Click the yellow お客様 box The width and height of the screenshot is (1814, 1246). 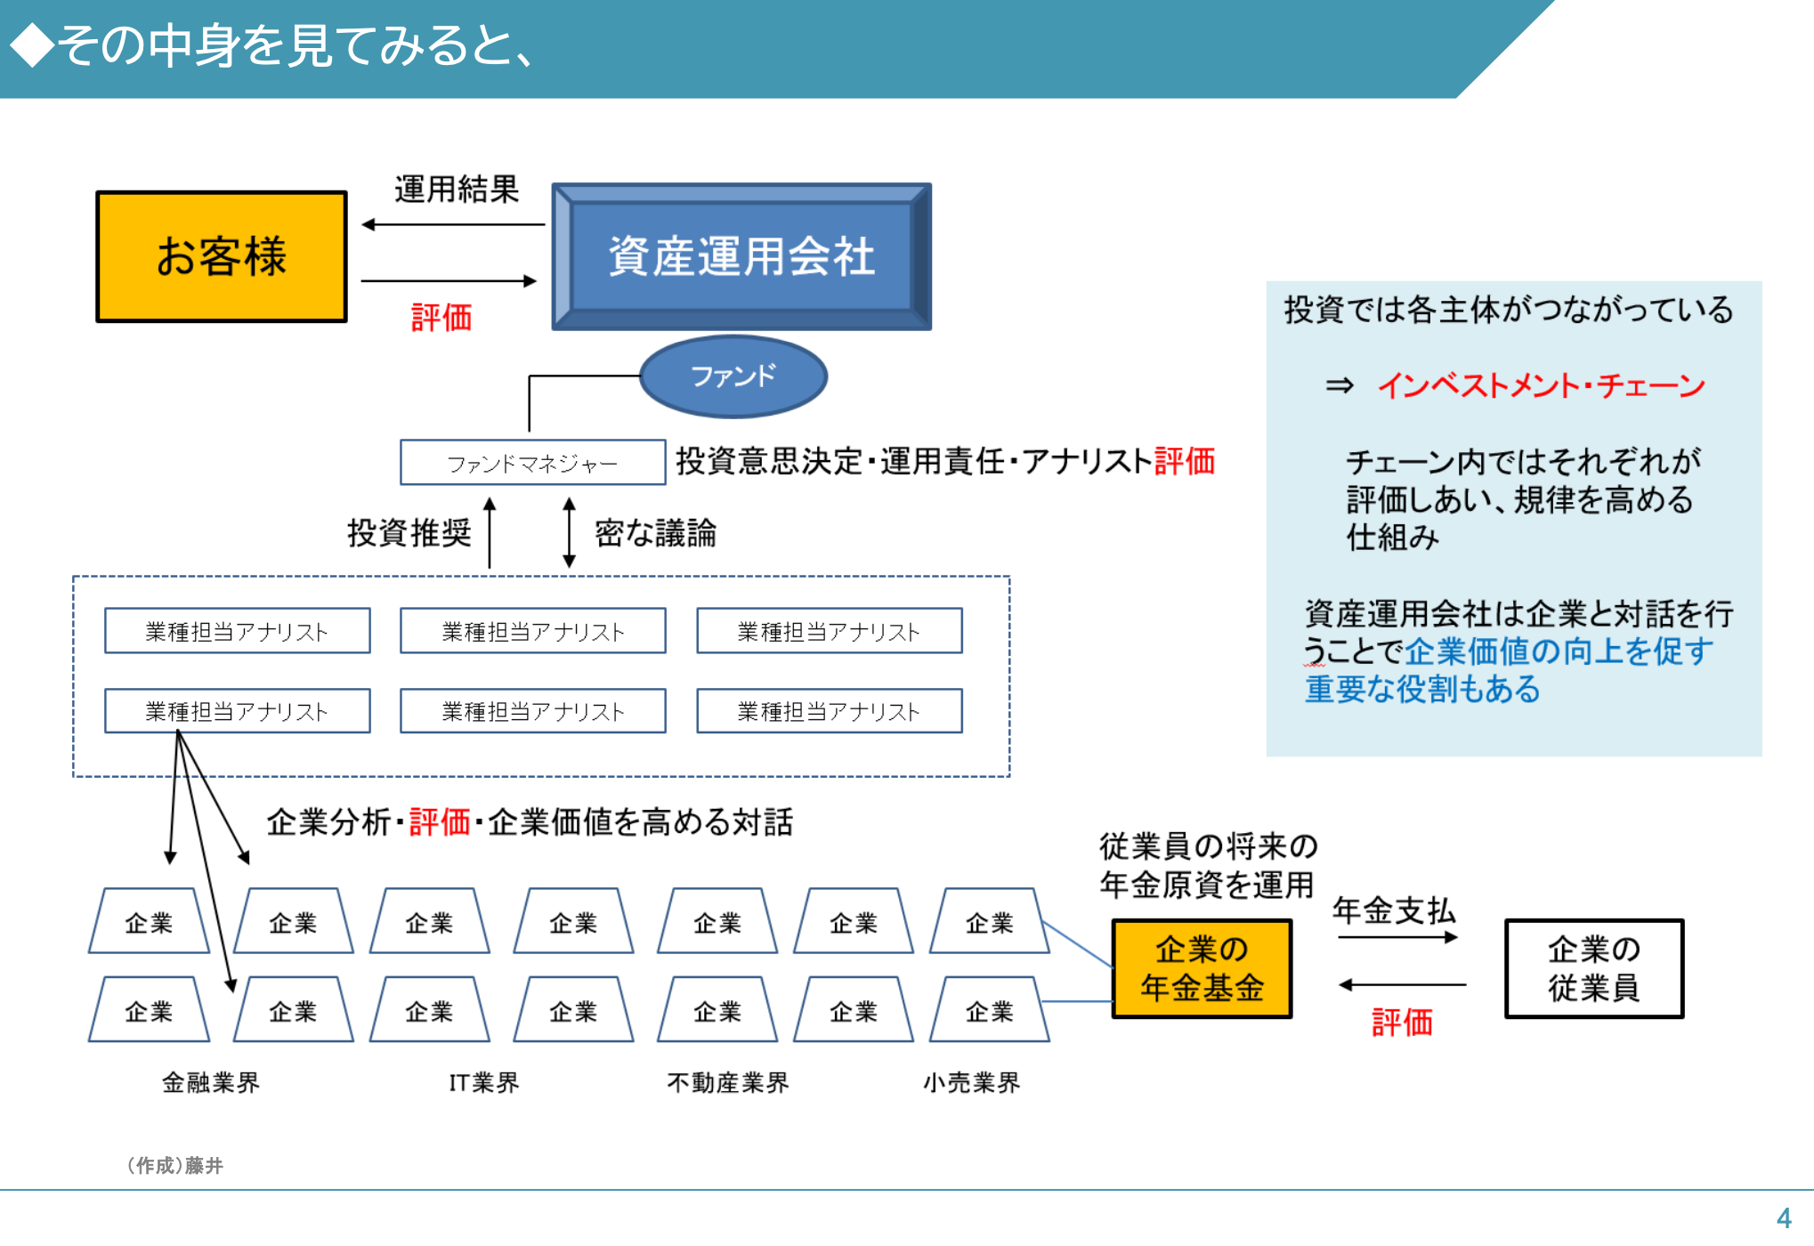[221, 256]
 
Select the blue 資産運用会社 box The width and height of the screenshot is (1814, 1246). [741, 256]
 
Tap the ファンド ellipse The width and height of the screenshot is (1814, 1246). [733, 376]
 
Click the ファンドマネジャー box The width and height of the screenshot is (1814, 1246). [532, 463]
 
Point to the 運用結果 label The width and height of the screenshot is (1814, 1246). [456, 190]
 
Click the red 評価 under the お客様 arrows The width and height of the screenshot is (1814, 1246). [441, 318]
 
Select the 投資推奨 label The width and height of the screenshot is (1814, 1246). [409, 533]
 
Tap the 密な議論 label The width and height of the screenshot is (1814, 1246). [655, 533]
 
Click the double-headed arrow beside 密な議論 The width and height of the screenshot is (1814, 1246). [569, 532]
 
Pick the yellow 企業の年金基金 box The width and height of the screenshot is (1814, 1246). [1202, 968]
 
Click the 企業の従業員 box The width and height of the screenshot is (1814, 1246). [1593, 968]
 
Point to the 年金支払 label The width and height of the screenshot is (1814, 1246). [1394, 910]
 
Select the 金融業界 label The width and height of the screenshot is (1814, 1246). [211, 1082]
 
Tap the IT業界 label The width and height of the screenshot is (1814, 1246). [483, 1082]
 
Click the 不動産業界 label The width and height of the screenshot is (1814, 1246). [728, 1082]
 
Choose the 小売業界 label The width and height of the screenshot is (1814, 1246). [971, 1082]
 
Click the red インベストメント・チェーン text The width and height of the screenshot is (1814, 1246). [1541, 385]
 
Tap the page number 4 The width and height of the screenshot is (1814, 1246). [1784, 1218]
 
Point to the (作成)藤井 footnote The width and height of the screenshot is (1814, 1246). [174, 1165]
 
